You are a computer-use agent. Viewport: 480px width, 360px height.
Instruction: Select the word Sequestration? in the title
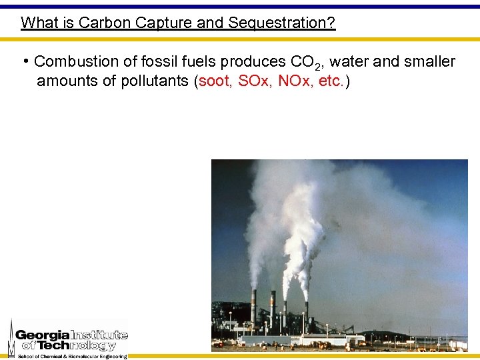[281, 23]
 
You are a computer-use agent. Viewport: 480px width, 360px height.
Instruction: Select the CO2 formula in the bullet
[305, 63]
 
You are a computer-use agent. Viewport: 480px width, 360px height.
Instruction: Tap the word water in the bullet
[350, 62]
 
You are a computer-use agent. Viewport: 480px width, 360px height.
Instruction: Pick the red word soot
[215, 81]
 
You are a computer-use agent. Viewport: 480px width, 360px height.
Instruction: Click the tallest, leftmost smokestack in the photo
[253, 307]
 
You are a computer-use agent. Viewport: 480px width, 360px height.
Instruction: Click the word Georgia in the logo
[42, 335]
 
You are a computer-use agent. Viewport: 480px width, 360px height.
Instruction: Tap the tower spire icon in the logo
[11, 339]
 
